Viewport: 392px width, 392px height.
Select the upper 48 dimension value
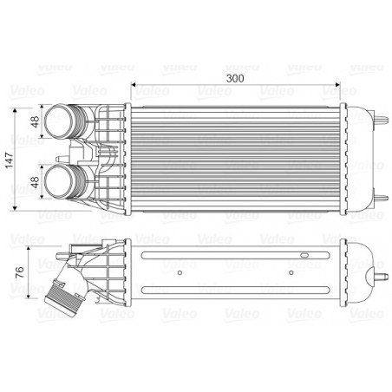[x=36, y=124]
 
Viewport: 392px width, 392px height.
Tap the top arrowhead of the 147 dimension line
[x=19, y=108]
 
